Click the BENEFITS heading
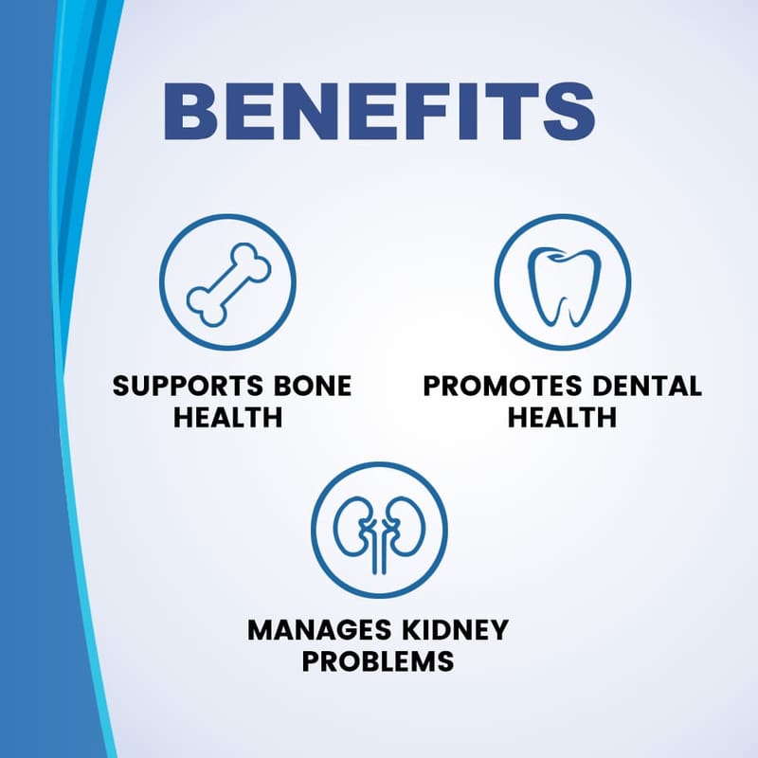[380, 112]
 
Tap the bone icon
[229, 283]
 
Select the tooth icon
[564, 286]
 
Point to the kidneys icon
[380, 534]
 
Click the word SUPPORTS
[188, 386]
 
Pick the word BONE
[313, 386]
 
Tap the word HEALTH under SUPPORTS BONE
[227, 417]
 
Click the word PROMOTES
[503, 386]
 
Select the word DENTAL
[647, 386]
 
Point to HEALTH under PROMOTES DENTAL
[562, 417]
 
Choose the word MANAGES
[319, 630]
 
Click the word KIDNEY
[455, 630]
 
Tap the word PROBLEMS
[378, 661]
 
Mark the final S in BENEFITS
[569, 112]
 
